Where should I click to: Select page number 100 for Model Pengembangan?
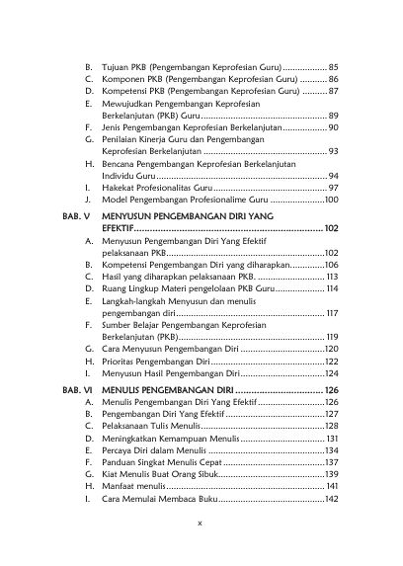pos(331,200)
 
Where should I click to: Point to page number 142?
pos(331,499)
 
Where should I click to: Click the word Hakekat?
pos(119,187)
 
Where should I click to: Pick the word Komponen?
pos(121,77)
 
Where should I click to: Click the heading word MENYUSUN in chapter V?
pos(132,213)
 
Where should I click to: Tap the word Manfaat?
pos(120,486)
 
